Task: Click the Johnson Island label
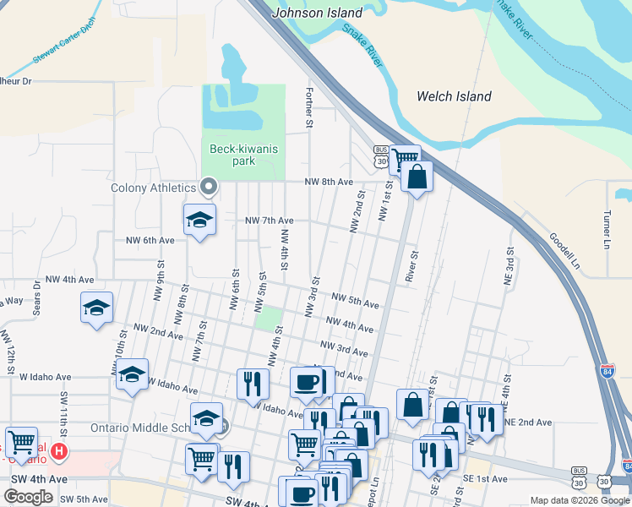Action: (x=318, y=13)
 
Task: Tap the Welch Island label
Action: (x=454, y=96)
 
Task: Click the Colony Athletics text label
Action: (x=153, y=188)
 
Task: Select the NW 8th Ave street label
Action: (x=329, y=182)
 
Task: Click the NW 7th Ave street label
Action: (x=269, y=221)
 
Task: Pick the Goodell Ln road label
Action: (x=564, y=251)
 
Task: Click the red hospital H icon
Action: (x=58, y=451)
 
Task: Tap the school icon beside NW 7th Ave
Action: (x=199, y=220)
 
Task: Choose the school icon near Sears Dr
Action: (x=96, y=308)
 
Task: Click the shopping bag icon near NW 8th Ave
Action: (x=417, y=177)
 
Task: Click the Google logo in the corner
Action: (x=28, y=497)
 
